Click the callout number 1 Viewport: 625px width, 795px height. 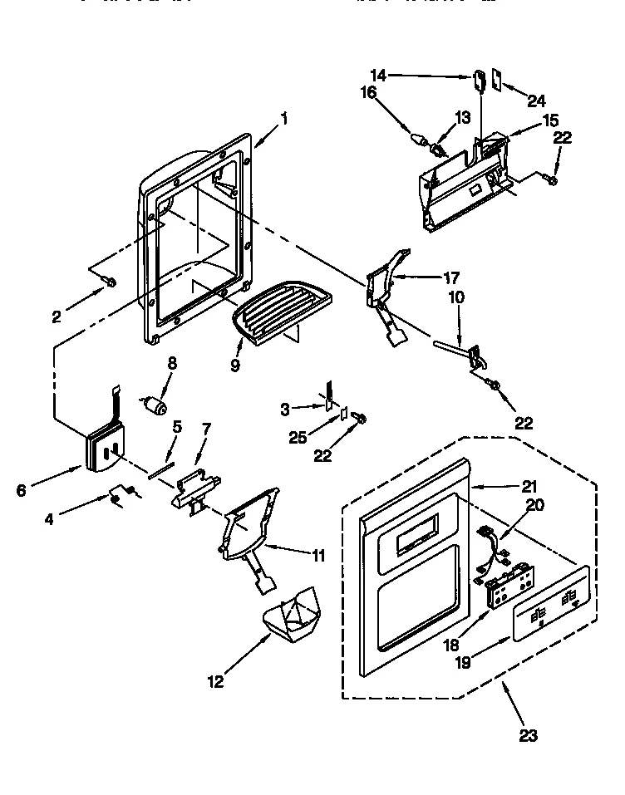pos(284,118)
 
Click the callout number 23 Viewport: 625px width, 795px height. pos(529,734)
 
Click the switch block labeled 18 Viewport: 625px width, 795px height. pos(504,590)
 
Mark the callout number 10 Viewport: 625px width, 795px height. pos(456,297)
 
